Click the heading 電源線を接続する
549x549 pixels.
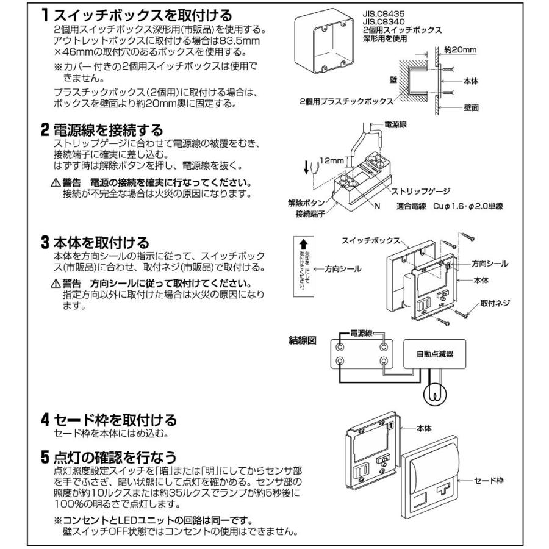click(x=107, y=130)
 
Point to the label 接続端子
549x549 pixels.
click(x=308, y=215)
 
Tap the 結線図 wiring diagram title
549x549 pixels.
click(x=302, y=340)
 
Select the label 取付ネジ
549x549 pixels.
click(x=494, y=303)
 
